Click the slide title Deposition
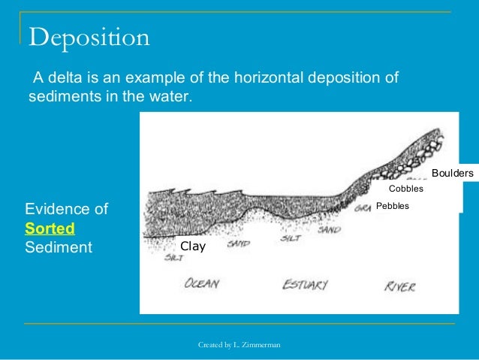89,37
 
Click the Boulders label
453,174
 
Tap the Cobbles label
405,189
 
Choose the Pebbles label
393,205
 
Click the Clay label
192,246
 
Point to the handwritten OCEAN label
201,284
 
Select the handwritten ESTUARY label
305,285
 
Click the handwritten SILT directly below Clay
154,257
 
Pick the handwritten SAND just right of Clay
238,244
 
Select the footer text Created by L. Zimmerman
239,344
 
